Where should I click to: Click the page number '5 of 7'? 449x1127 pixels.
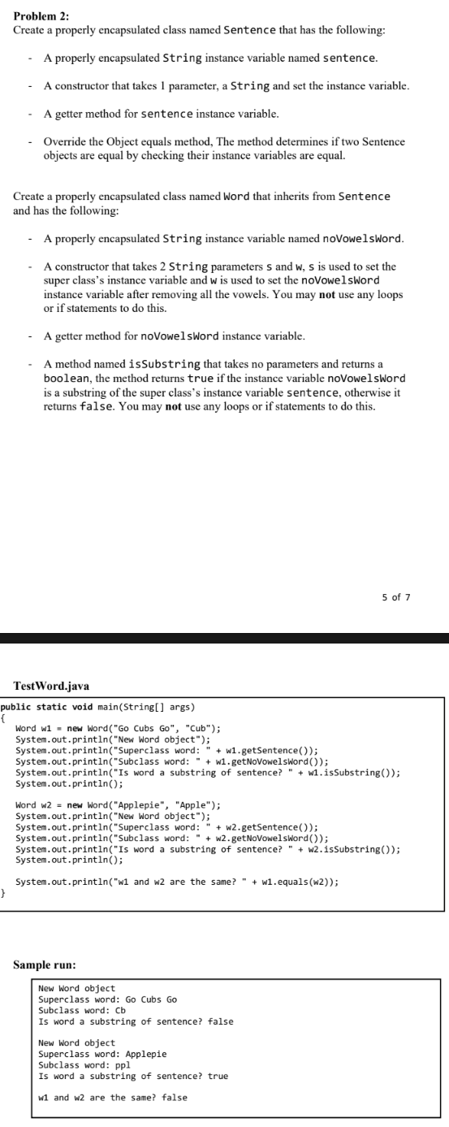point(396,597)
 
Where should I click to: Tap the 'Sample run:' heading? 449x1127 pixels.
point(45,964)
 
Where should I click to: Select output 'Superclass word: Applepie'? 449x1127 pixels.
point(102,1055)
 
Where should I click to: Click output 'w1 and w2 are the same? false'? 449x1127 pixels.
point(112,1097)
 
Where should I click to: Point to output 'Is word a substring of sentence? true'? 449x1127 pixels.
point(133,1076)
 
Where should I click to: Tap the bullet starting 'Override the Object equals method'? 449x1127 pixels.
point(223,147)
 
